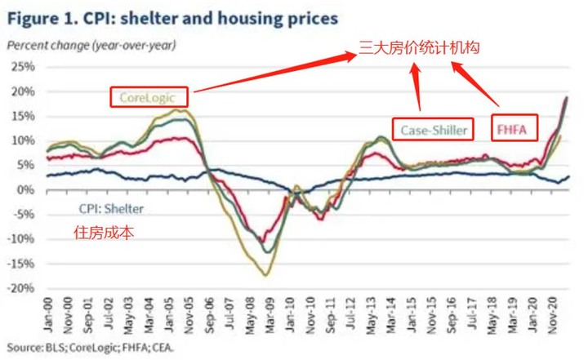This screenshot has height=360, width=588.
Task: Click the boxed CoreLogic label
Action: coord(149,99)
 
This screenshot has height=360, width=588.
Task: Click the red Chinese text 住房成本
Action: coord(104,232)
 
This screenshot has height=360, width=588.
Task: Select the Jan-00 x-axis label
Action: coord(50,312)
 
